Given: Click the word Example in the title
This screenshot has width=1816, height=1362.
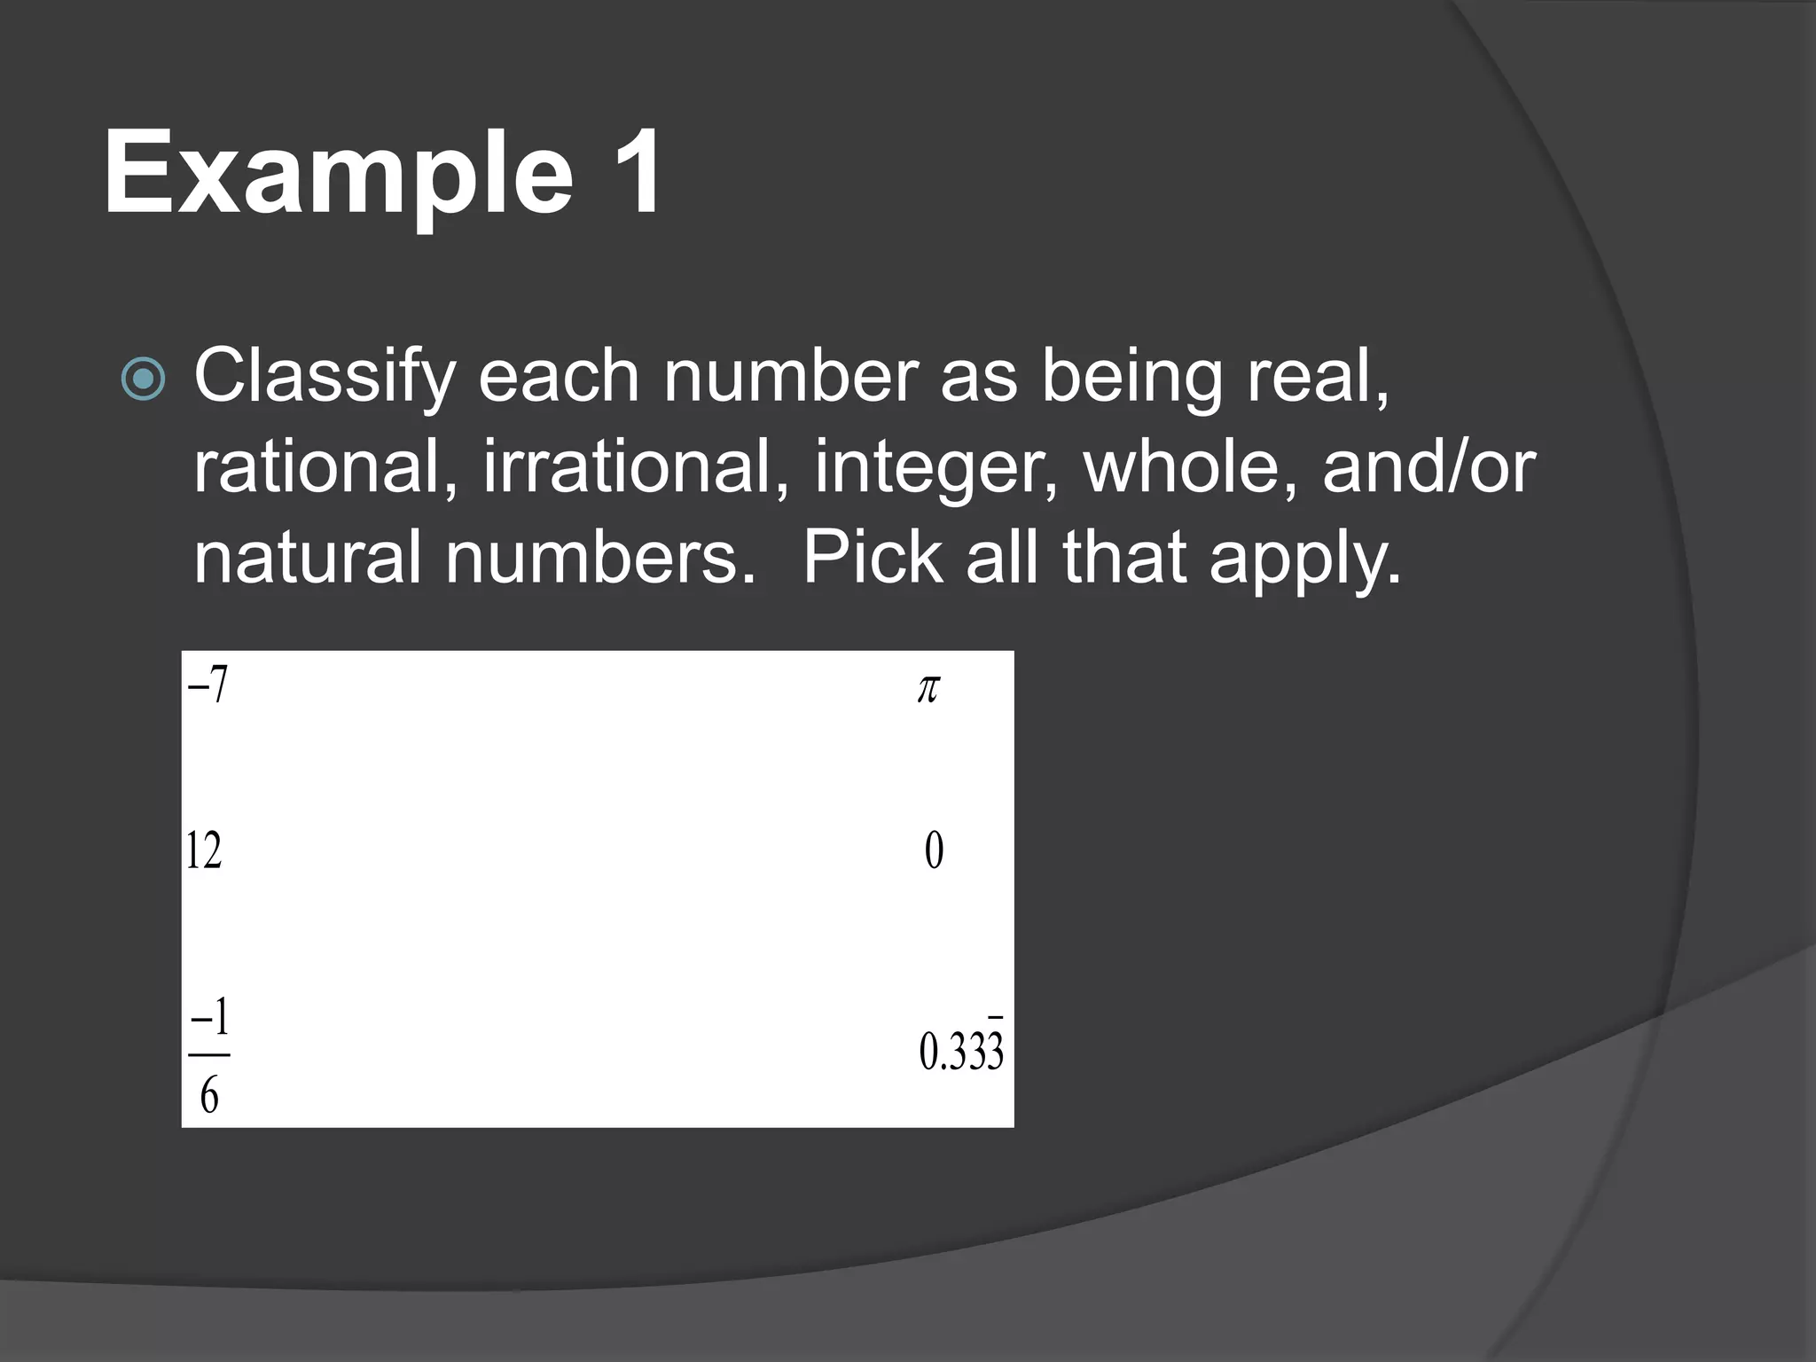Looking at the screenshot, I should [337, 173].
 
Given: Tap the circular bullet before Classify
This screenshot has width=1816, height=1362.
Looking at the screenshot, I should [143, 380].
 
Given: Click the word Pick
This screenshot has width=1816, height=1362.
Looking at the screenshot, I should [873, 559].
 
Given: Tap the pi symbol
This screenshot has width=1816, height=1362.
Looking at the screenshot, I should [928, 688].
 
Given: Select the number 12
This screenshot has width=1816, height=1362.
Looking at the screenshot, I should [203, 851].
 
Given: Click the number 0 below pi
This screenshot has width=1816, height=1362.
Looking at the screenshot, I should [934, 851].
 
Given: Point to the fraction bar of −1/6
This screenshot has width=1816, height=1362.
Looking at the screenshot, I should [209, 1055].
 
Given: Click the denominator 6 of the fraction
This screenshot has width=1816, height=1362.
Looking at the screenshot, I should [209, 1097].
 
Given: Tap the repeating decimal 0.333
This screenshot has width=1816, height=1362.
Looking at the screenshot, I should [961, 1053].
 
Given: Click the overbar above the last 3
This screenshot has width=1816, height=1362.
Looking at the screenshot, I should [996, 1018].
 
